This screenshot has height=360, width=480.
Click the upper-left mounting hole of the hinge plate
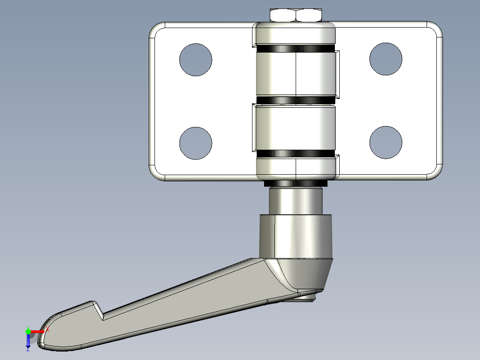pos(195,60)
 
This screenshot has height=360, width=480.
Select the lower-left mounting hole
pos(195,143)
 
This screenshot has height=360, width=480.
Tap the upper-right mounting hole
pos(386,59)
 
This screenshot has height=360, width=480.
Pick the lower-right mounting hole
pos(386,142)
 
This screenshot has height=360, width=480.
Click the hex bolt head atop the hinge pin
pos(296,15)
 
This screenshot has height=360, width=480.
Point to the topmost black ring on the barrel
pos(296,48)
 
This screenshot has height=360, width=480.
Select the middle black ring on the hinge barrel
pos(296,100)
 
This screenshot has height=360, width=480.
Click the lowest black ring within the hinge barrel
pos(296,154)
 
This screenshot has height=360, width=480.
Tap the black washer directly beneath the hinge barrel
pos(296,184)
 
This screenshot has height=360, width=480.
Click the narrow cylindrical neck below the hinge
pos(296,201)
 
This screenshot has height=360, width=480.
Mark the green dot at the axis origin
pos(28,331)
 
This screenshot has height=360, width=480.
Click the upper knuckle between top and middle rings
pos(296,74)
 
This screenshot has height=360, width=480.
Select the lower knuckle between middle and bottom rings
pos(296,127)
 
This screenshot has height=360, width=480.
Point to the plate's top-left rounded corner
pos(156,29)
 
